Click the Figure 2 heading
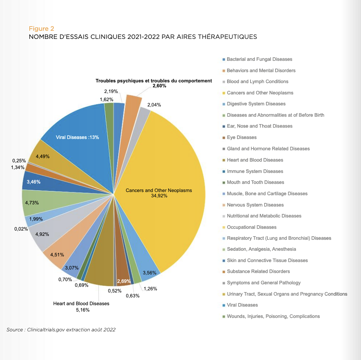(41, 29)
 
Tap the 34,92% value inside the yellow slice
(159, 196)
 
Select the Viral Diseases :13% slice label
(77, 137)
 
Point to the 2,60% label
(159, 86)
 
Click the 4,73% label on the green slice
(32, 203)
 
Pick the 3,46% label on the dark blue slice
(34, 182)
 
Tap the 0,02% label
(21, 229)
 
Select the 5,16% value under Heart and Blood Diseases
(83, 310)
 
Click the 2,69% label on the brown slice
(124, 281)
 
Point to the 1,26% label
(150, 289)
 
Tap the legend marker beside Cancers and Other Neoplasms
(224, 93)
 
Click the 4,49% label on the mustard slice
(43, 157)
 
